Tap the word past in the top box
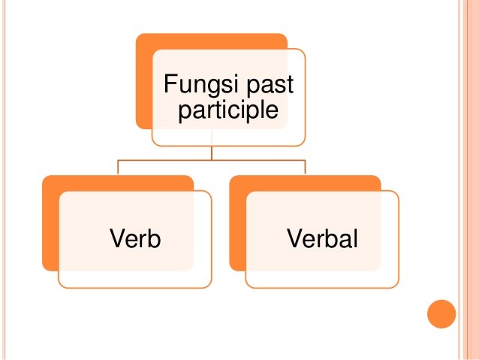(269, 86)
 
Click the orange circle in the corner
(441, 314)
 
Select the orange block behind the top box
(144, 83)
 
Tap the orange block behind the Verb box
(50, 225)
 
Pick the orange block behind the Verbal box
(237, 225)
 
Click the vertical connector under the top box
(212, 152)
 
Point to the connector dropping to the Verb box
(118, 167)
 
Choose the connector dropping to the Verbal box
(305, 167)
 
